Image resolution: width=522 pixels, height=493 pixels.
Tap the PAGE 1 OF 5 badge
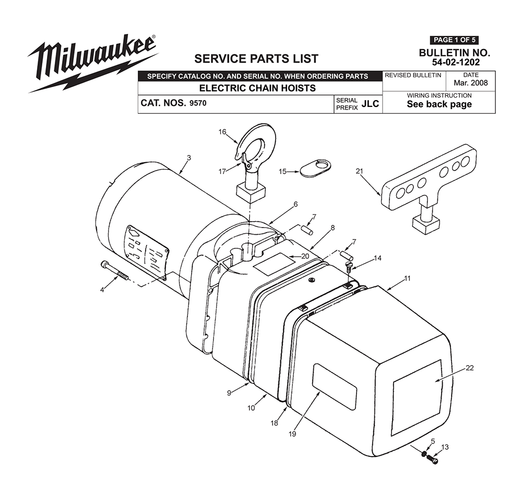[454, 40]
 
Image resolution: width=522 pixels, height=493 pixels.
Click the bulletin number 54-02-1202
[456, 62]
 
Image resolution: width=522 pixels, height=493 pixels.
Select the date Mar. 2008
[470, 83]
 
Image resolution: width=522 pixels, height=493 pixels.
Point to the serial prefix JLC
[370, 104]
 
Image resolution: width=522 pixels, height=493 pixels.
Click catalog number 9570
[198, 103]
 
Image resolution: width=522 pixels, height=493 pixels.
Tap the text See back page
[439, 104]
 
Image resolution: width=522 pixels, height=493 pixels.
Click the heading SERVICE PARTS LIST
[256, 59]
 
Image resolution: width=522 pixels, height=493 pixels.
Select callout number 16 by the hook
[222, 132]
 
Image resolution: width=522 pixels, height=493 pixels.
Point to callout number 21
[359, 171]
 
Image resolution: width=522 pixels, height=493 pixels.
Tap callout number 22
[469, 368]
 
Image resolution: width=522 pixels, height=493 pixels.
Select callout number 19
[292, 434]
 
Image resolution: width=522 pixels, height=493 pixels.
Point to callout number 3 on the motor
[189, 158]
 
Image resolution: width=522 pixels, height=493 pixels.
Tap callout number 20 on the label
[305, 256]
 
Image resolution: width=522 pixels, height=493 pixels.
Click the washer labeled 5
[423, 454]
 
